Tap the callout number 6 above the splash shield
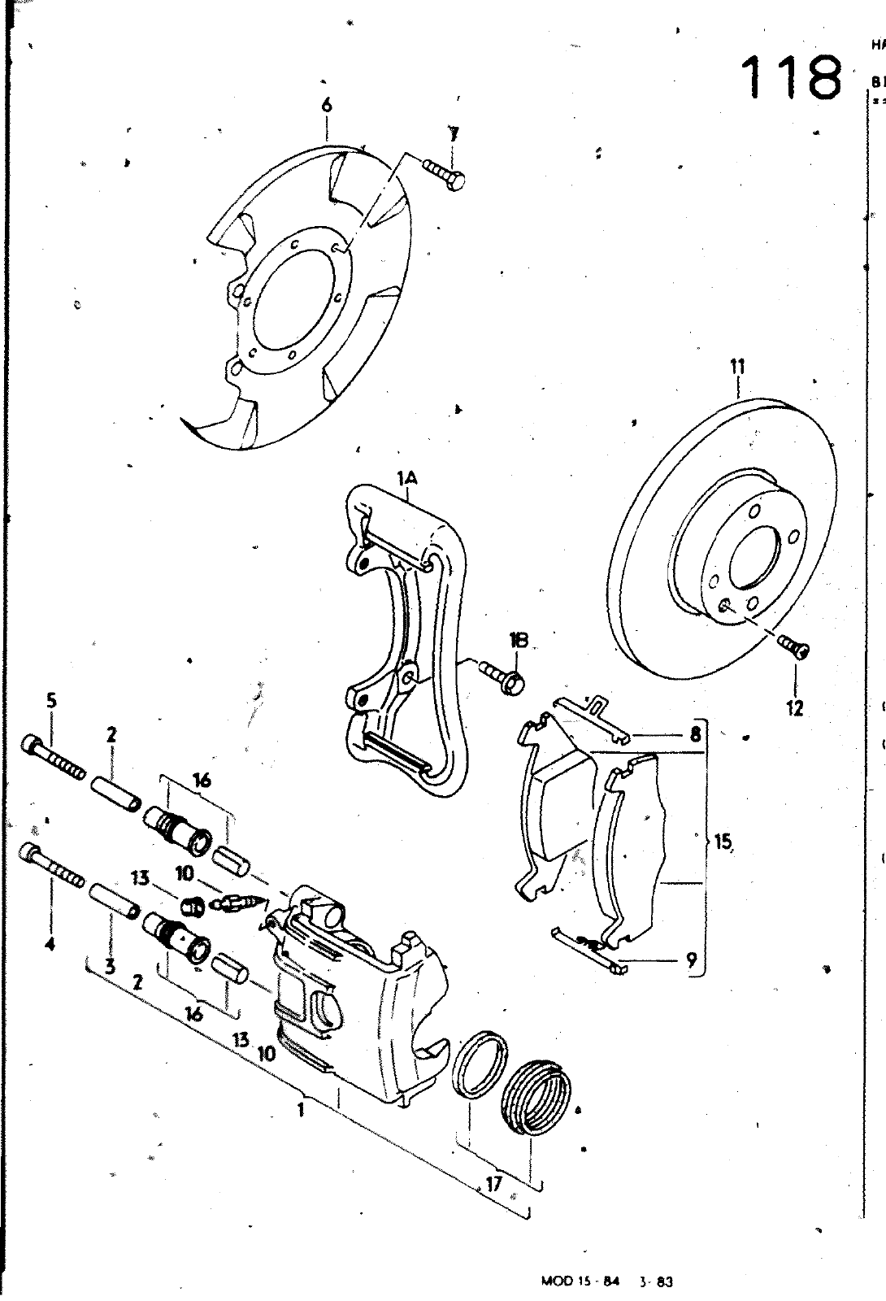(327, 105)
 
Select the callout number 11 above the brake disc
(737, 367)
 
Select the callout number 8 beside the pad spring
(695, 734)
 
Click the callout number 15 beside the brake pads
(723, 842)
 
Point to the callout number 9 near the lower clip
(691, 960)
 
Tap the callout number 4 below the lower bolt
(50, 945)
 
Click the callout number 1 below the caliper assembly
(302, 1108)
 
